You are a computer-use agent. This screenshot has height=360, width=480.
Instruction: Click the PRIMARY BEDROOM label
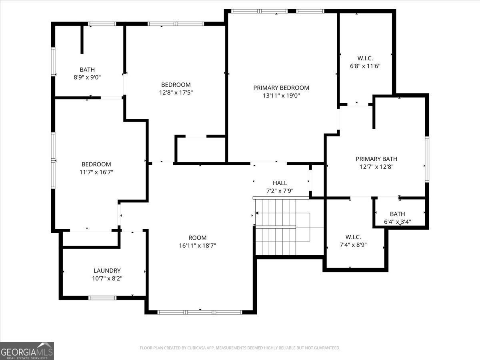pos(281,88)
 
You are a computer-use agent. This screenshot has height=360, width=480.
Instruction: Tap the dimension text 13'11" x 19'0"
pos(281,96)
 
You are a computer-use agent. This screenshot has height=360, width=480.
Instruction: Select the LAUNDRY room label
pos(107,271)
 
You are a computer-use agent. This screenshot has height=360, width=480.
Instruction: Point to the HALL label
pos(280,183)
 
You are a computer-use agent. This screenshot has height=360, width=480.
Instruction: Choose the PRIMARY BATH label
pos(376,159)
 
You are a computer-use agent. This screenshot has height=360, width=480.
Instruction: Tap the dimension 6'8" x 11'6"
pos(365,66)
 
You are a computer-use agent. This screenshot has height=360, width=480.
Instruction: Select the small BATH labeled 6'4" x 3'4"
pos(397,214)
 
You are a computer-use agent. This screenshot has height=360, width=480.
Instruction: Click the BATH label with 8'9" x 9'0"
pos(87,70)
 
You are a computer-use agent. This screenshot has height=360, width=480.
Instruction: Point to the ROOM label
pos(198,238)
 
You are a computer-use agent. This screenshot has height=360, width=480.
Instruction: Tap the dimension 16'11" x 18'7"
pos(198,246)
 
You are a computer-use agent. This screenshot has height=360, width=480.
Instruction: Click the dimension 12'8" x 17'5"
pos(176,92)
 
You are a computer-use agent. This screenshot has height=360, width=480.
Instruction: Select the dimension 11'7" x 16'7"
pos(96,172)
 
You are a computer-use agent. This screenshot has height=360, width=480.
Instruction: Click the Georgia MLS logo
pos(27,351)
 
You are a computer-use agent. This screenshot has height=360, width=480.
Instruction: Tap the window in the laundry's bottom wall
pos(102,298)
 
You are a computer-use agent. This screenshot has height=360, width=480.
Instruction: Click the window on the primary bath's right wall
pos(427,159)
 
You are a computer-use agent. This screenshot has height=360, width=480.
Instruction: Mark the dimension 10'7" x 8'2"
pos(107,278)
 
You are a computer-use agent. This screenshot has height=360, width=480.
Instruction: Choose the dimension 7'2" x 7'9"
pos(280,191)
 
